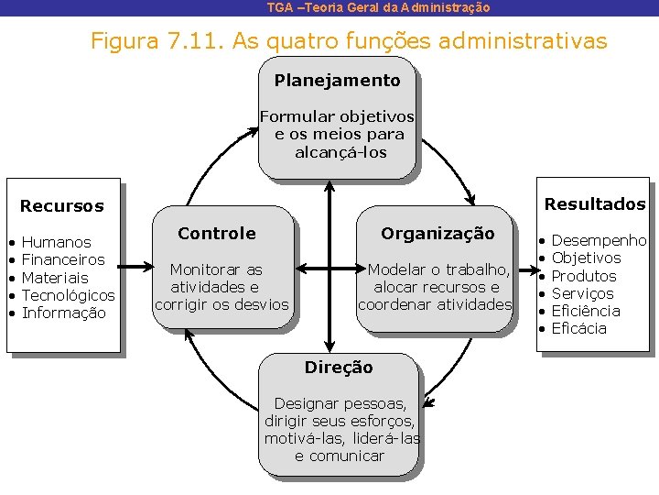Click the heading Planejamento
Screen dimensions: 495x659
(337, 81)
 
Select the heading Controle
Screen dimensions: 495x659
(217, 234)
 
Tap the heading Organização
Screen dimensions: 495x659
(438, 234)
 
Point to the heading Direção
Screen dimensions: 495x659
(339, 368)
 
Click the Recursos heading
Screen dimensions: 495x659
(62, 206)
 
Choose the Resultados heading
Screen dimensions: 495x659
(595, 204)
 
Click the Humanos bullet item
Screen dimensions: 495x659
(56, 243)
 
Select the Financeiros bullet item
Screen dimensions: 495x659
(63, 260)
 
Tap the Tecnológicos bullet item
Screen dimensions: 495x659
(68, 295)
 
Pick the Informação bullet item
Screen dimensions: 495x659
(64, 313)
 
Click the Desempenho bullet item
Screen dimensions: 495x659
(599, 241)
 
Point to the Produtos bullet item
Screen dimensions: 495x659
(584, 276)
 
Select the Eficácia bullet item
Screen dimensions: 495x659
(579, 328)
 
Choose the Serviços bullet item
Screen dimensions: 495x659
(582, 293)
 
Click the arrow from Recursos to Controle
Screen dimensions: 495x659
(137, 269)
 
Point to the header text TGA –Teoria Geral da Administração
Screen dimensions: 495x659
(378, 7)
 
